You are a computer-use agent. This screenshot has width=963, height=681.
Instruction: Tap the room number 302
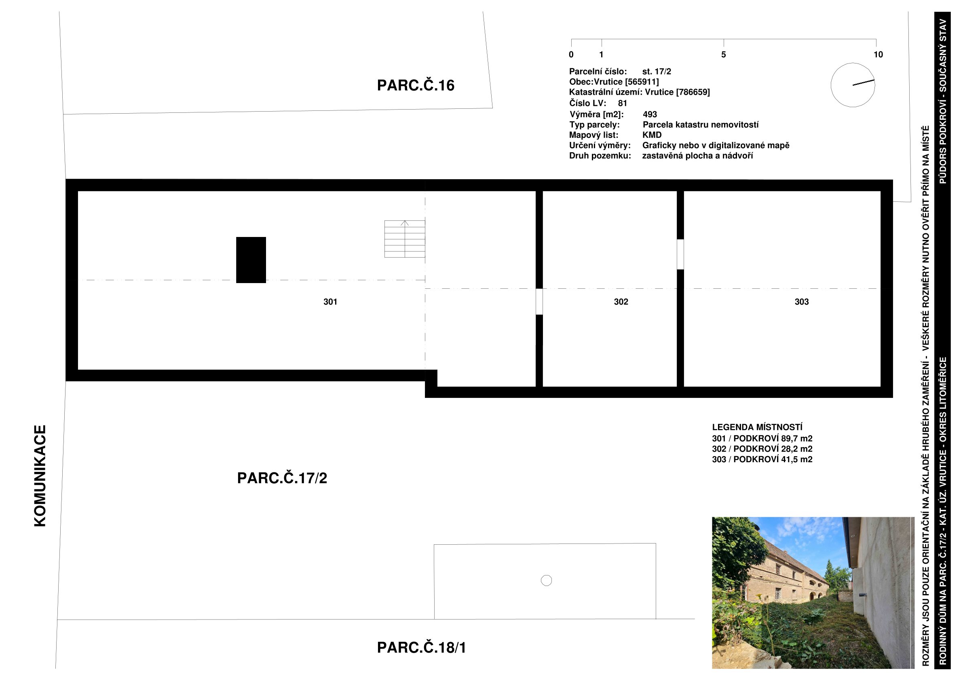tap(621, 302)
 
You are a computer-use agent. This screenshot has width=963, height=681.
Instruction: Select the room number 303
tap(802, 302)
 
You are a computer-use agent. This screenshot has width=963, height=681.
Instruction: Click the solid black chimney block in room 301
tap(251, 260)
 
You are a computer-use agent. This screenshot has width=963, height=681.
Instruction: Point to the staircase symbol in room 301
tap(405, 239)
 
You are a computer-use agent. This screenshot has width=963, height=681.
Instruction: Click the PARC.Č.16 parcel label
tap(416, 85)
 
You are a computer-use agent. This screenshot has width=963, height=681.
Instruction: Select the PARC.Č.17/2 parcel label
tap(282, 478)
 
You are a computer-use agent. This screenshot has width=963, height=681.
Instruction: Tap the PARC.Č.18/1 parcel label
tap(422, 647)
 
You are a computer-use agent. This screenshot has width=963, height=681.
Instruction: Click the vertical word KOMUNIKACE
tap(40, 476)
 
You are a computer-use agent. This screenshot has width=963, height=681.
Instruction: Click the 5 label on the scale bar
tap(724, 55)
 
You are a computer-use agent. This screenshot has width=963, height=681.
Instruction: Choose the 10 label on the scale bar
tap(878, 55)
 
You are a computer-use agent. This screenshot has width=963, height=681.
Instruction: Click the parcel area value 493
tap(650, 114)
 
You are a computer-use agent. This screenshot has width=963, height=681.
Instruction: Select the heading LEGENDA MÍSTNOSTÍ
tap(757, 427)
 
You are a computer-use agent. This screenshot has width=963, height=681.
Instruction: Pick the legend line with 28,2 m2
tap(762, 449)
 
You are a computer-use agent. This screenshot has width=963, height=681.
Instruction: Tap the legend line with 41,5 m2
tap(762, 459)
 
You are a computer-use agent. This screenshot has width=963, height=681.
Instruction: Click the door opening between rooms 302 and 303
tap(680, 254)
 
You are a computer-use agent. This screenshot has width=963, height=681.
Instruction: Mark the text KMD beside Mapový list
tap(652, 135)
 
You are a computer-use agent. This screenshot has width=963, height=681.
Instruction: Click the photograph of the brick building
tap(813, 593)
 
